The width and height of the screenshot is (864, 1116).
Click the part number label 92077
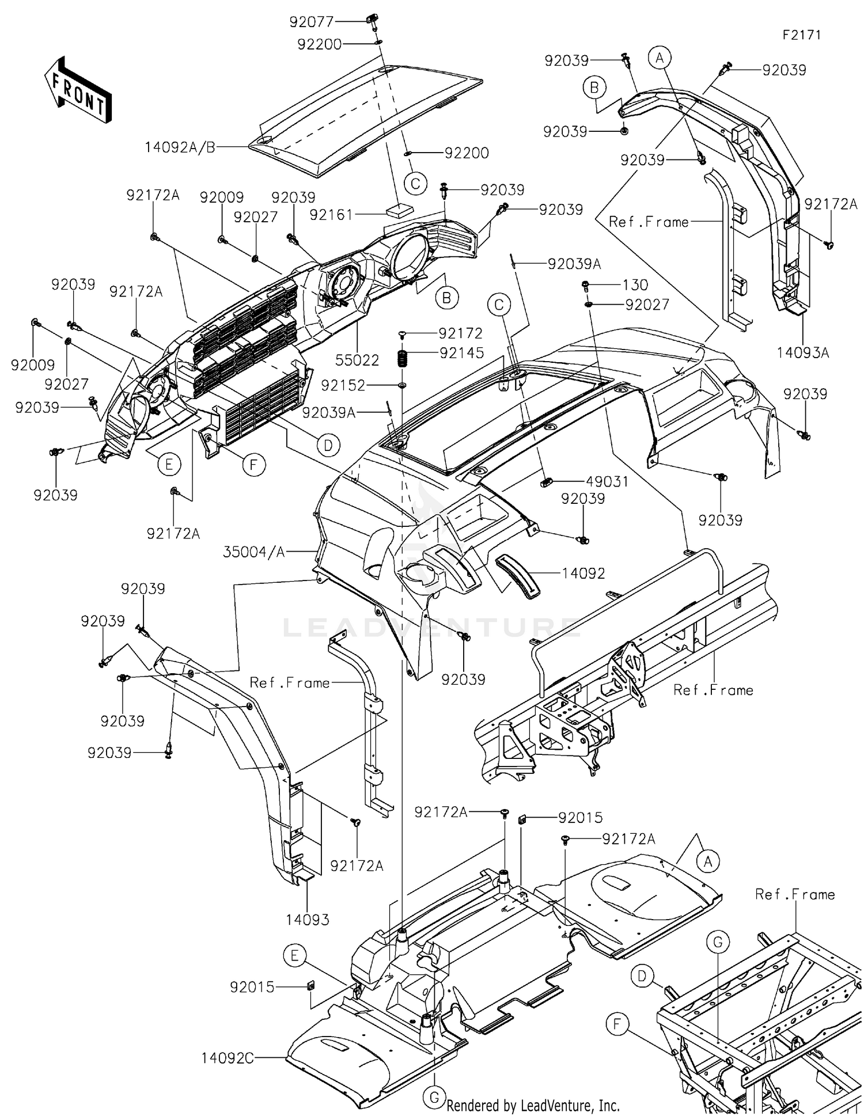pyautogui.click(x=312, y=22)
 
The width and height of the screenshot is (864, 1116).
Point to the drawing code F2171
pyautogui.click(x=801, y=35)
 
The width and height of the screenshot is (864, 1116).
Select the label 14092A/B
pyautogui.click(x=180, y=147)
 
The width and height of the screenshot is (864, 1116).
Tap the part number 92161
pyautogui.click(x=332, y=214)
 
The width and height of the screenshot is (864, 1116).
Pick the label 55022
pyautogui.click(x=358, y=360)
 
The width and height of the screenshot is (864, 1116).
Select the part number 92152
pyautogui.click(x=343, y=385)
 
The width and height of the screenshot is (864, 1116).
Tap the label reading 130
pyautogui.click(x=635, y=284)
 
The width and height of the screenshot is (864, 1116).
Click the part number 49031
pyautogui.click(x=607, y=481)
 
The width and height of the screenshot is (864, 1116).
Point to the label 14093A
pyautogui.click(x=803, y=352)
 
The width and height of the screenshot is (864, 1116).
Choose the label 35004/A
pyautogui.click(x=254, y=552)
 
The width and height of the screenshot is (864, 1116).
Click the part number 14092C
pyautogui.click(x=228, y=1058)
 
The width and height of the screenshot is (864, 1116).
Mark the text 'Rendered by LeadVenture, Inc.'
pyautogui.click(x=533, y=1105)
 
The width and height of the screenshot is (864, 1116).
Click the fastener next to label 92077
pyautogui.click(x=372, y=22)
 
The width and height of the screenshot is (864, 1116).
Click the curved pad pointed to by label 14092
pyautogui.click(x=518, y=576)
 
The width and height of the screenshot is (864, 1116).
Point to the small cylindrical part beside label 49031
pyautogui.click(x=547, y=481)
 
